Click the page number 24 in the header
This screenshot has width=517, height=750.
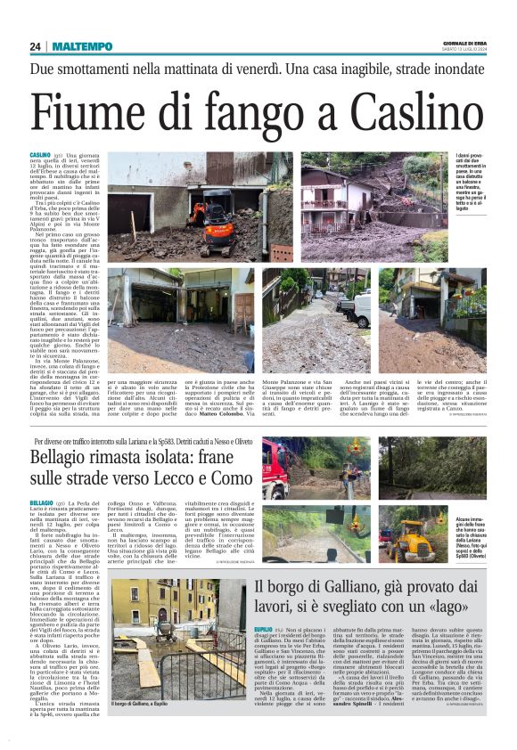36,46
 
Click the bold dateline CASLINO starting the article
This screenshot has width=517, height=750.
41,154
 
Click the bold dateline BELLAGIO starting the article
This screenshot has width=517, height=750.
43,503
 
